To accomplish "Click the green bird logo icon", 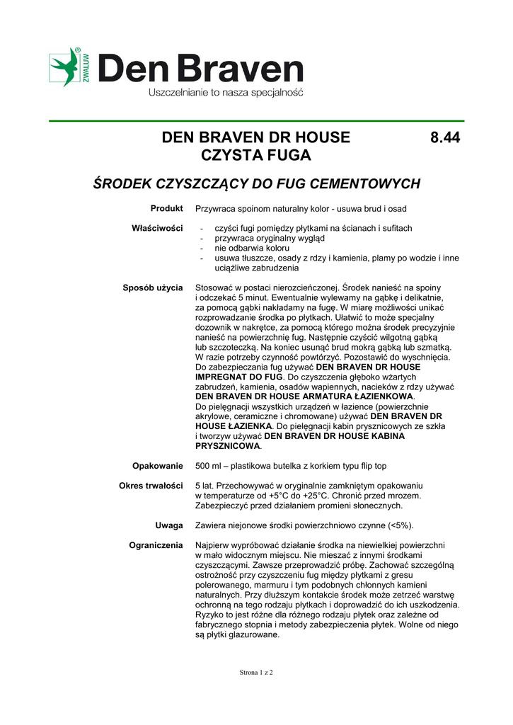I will tap(65, 67).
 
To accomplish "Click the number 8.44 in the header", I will tap(445, 137).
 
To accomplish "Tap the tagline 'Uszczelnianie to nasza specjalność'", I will tap(225, 93).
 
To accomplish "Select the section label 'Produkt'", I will tap(167, 208).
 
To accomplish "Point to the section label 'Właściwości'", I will tap(157, 228).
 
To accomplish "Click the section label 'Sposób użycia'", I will tap(153, 287).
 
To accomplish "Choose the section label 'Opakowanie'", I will tap(158, 466).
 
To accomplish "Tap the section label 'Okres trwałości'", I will tap(151, 486).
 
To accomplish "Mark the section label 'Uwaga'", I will tap(169, 525).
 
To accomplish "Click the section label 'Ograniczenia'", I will tap(156, 545).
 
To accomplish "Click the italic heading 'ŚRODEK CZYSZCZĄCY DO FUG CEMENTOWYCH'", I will tap(257, 184).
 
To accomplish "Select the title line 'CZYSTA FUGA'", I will tap(256, 155).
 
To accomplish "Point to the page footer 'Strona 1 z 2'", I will tap(256, 672).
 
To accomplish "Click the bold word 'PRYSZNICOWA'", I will tap(228, 446).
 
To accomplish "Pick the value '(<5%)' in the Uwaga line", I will tap(399, 525).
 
